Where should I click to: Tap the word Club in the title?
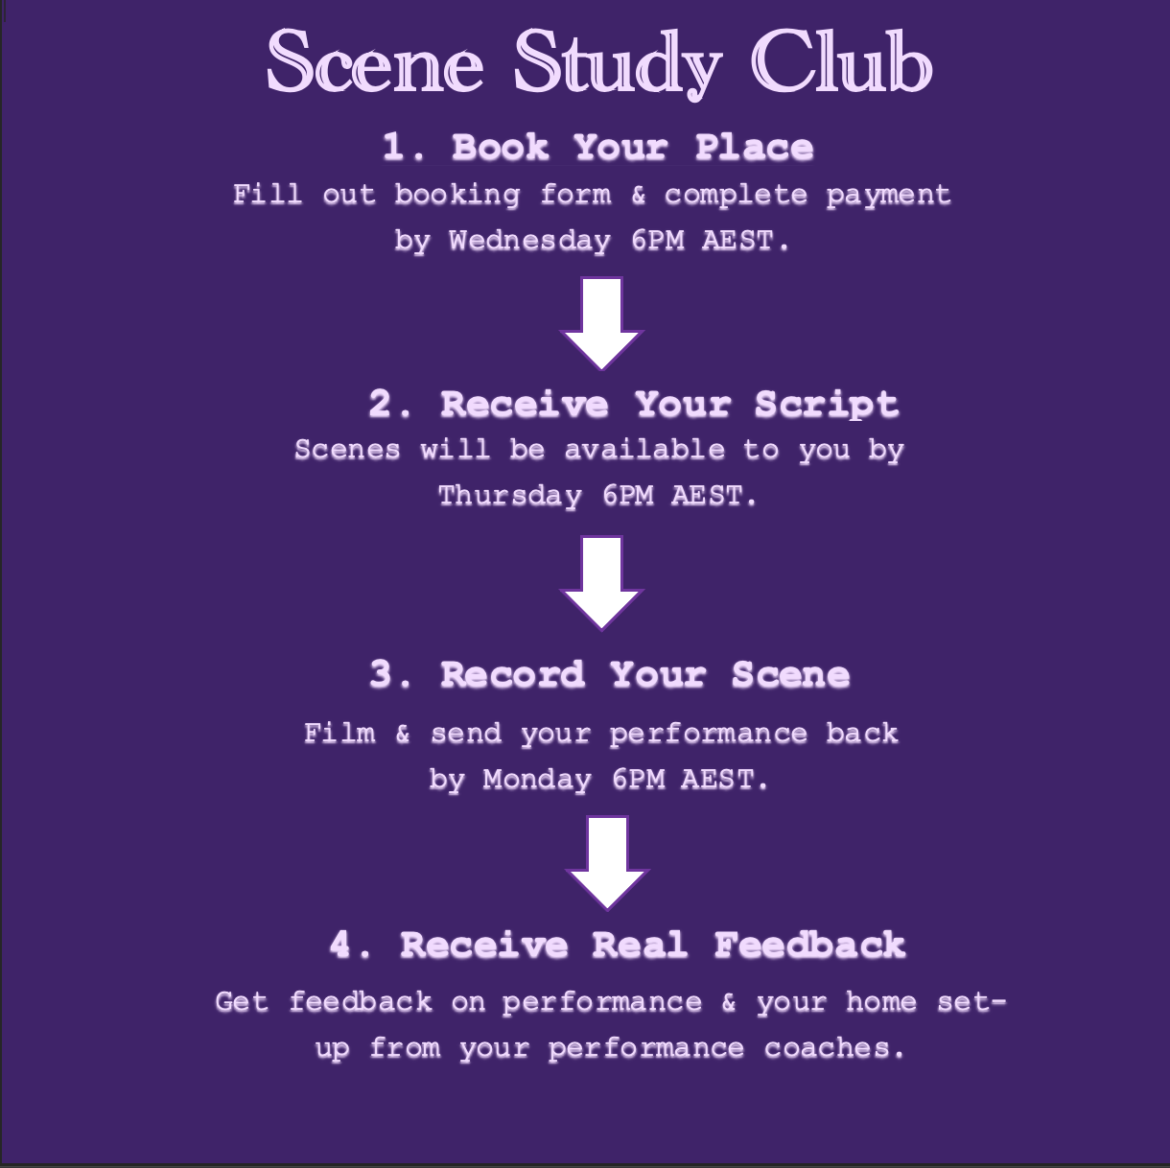841,63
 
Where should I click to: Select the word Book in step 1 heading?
500,148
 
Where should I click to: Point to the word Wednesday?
529,240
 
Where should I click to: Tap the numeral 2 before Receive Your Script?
381,404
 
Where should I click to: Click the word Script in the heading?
826,404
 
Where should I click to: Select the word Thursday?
510,496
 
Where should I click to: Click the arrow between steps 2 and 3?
601,581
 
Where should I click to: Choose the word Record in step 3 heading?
512,675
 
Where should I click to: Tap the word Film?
339,734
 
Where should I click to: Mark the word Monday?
537,780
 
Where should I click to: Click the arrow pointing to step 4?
607,861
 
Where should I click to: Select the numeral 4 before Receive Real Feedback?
340,946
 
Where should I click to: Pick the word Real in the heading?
640,946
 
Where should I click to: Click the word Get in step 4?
241,1002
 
